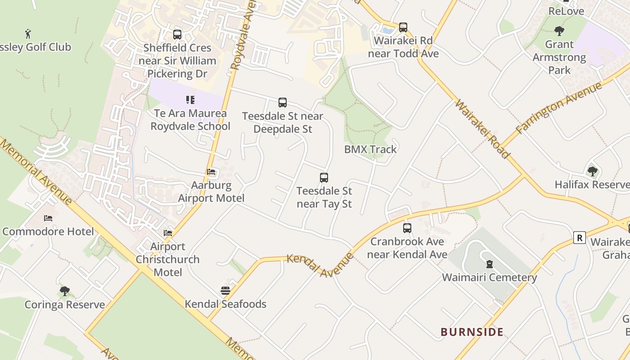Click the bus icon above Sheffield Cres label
(177, 35)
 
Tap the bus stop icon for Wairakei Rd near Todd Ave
(403, 27)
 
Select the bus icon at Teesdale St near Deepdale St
(283, 103)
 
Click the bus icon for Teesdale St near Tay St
(324, 178)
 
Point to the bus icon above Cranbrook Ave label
(407, 228)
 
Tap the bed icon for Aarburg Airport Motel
(211, 172)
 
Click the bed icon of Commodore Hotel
(48, 218)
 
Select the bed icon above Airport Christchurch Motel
(168, 233)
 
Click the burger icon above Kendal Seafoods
(225, 291)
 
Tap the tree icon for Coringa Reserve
(65, 291)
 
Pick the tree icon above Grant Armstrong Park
(559, 31)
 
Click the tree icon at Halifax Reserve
(593, 171)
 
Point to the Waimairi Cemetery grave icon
(489, 264)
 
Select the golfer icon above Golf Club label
(28, 33)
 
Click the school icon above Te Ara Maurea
(190, 100)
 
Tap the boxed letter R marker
(580, 238)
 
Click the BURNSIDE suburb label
(472, 332)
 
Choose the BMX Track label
(370, 149)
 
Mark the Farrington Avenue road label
(559, 108)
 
